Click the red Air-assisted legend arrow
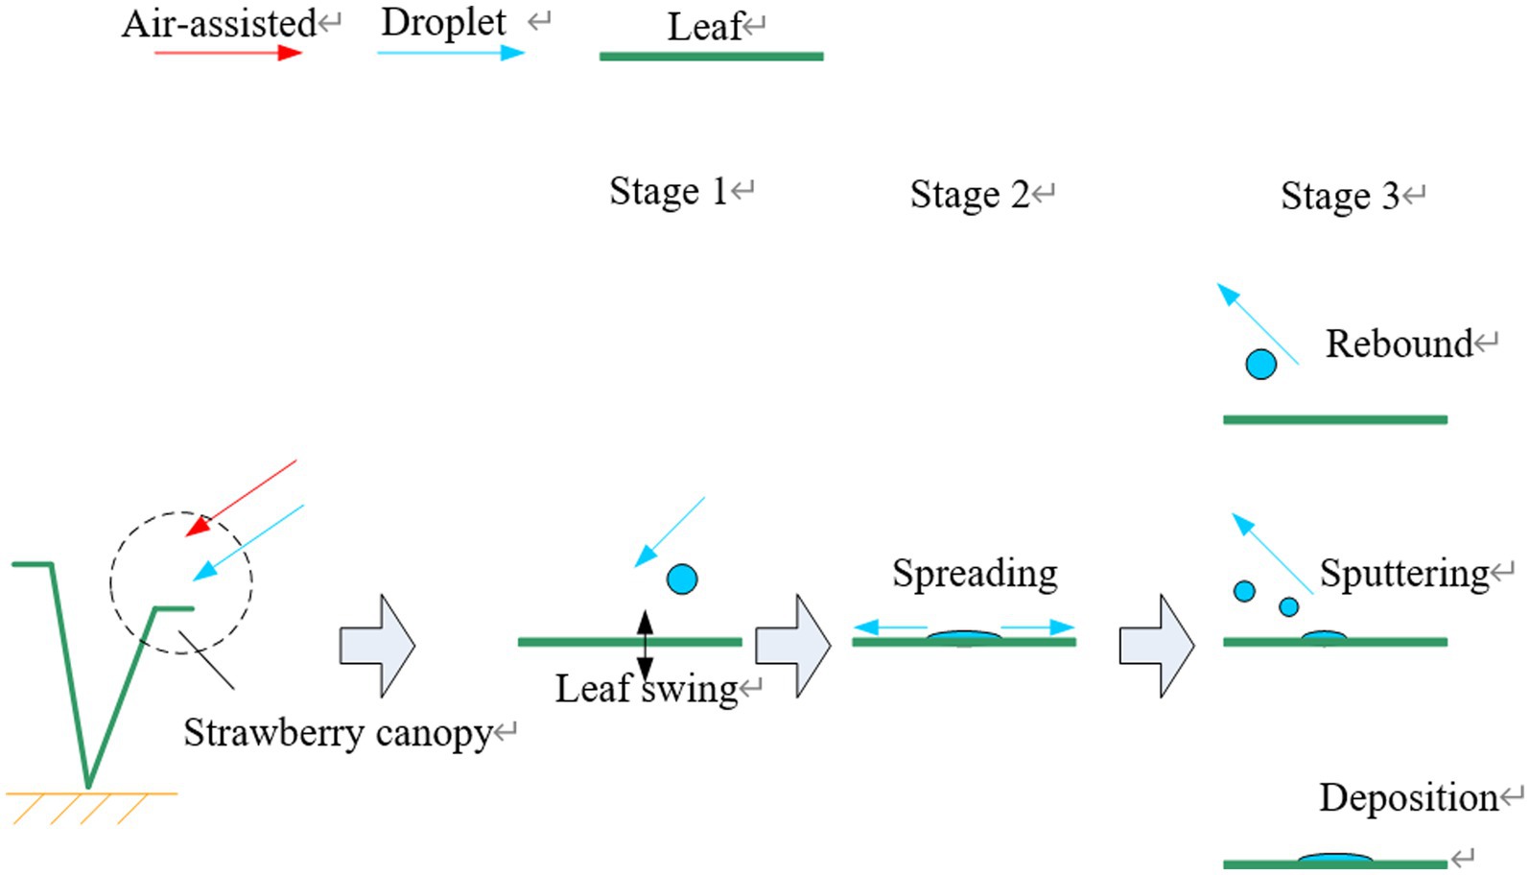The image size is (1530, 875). click(x=228, y=52)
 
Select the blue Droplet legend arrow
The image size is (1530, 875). click(x=451, y=52)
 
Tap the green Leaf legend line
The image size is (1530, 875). click(x=711, y=57)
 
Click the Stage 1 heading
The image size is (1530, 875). click(x=669, y=191)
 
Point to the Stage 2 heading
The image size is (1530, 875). click(x=969, y=194)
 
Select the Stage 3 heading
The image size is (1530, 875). click(x=1340, y=196)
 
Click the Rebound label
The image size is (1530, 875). click(x=1399, y=343)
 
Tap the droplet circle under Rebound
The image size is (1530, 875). click(x=1260, y=365)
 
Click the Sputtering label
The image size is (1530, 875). click(x=1404, y=573)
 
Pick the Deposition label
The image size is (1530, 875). click(x=1408, y=797)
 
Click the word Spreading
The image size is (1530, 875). click(x=975, y=573)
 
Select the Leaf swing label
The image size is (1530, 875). click(x=647, y=688)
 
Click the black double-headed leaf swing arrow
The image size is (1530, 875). click(x=645, y=645)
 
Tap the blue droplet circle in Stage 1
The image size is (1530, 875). click(x=682, y=579)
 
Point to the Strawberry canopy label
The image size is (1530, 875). click(x=338, y=733)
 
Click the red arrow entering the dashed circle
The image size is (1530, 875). click(x=242, y=497)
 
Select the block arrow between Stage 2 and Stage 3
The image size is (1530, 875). click(x=1156, y=646)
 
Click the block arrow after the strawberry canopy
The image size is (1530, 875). click(x=377, y=646)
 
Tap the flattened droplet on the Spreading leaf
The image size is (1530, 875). click(x=964, y=636)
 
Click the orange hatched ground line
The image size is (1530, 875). click(x=91, y=794)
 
